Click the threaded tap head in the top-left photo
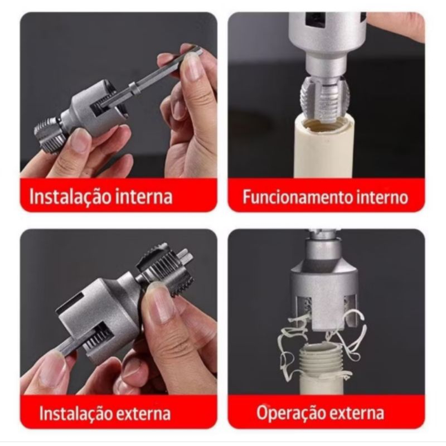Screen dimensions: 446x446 pos(49,136)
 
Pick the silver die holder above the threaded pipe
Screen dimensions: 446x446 pos(324,287)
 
